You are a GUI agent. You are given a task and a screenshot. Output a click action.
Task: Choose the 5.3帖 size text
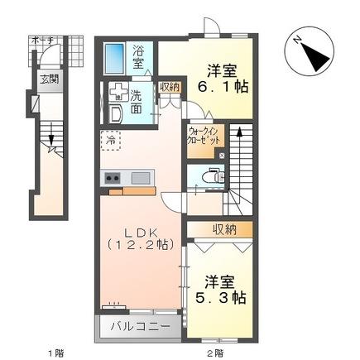click(x=218, y=295)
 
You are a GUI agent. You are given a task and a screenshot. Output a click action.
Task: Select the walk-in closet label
click(x=204, y=137)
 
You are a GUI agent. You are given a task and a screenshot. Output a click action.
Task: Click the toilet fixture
click(x=210, y=175)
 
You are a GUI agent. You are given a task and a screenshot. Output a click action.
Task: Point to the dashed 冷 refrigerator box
click(x=111, y=142)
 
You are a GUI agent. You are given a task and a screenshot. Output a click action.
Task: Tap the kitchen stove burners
click(x=111, y=177)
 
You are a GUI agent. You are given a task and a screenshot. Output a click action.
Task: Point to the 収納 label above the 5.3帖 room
click(x=223, y=229)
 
